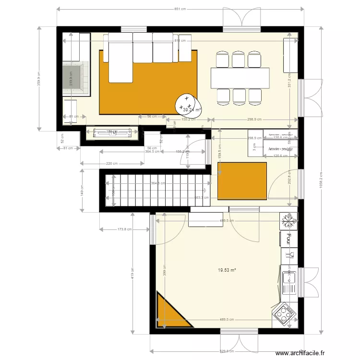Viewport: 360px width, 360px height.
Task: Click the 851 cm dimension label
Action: click(x=180, y=9)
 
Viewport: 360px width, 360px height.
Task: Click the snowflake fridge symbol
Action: click(x=289, y=221)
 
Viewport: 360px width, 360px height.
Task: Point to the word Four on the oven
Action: click(x=289, y=238)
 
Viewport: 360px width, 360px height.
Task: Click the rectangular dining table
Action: click(x=240, y=78)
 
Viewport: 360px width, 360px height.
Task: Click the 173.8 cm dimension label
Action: click(x=124, y=229)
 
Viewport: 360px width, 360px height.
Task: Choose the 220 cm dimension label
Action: click(x=111, y=164)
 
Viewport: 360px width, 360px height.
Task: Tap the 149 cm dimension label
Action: click(x=82, y=190)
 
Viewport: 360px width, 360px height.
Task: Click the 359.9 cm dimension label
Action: click(x=39, y=78)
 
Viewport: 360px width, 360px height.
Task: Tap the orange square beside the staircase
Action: click(x=242, y=181)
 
